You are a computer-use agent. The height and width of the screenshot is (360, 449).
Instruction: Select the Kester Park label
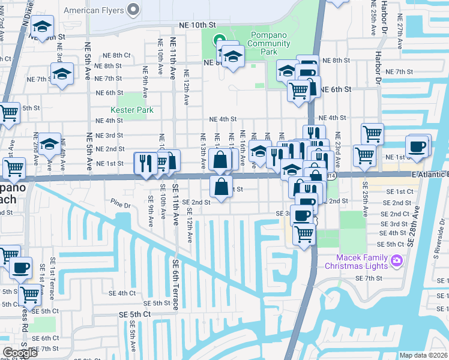[x=132, y=110]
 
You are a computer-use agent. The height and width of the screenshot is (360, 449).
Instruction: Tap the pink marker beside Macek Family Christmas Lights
[x=396, y=260]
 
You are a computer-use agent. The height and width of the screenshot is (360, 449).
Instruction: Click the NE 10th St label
[x=197, y=25]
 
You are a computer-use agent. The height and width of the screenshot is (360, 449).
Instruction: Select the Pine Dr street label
[x=119, y=205]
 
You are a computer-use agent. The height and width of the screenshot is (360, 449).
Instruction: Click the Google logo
[x=20, y=353]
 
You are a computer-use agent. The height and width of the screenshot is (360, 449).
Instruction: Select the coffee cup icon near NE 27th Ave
[x=417, y=146]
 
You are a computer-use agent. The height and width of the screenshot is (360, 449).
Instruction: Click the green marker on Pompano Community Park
[x=220, y=41]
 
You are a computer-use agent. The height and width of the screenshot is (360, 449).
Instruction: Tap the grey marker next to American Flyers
[x=133, y=10]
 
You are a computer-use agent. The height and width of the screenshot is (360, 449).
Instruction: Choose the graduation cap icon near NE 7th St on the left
[x=62, y=74]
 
